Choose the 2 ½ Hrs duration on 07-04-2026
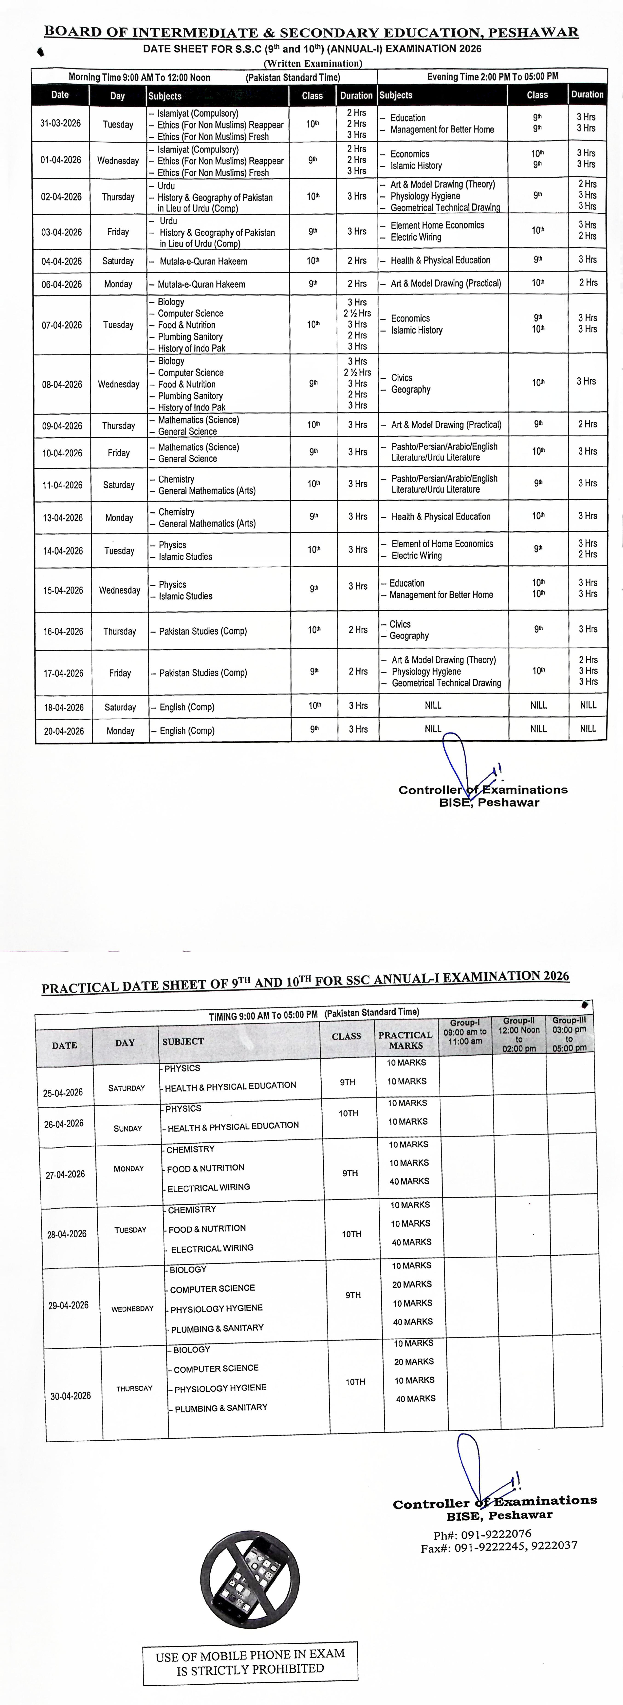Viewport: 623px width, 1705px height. coord(357,313)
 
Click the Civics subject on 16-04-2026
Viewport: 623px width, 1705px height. coord(400,624)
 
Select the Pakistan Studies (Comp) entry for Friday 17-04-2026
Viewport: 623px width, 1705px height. coord(203,672)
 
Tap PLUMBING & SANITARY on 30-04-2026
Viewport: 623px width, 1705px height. coord(221,1408)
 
